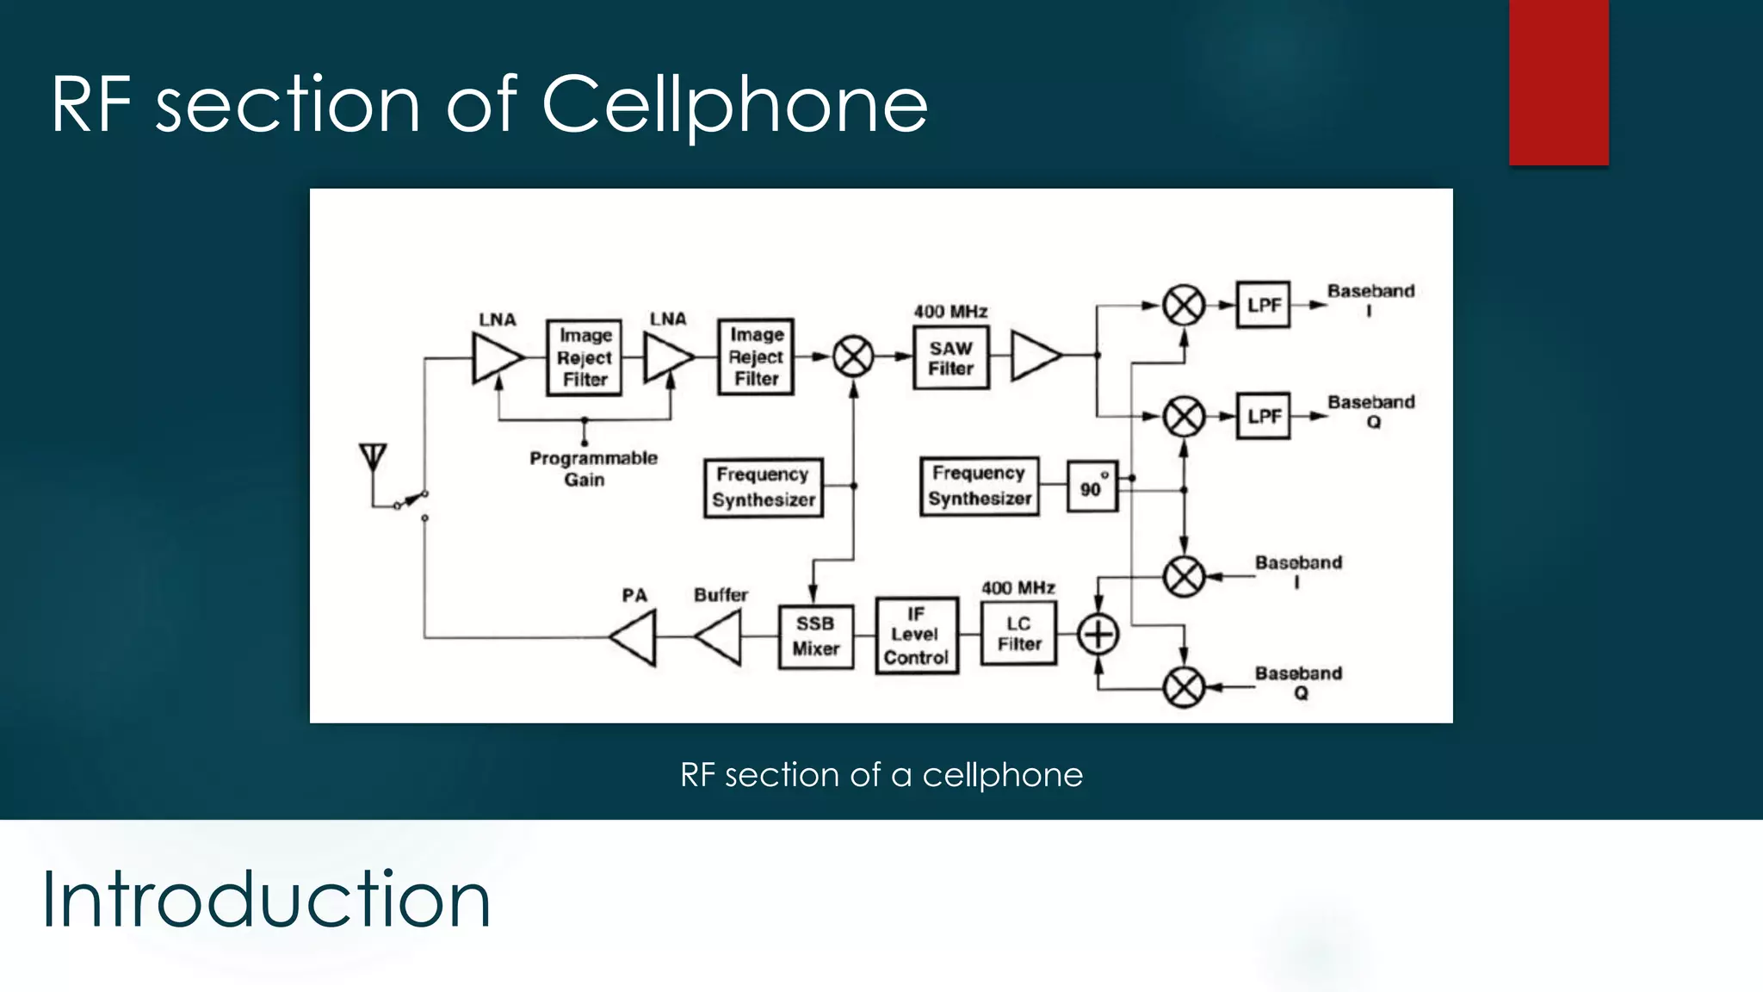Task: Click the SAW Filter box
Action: tap(950, 357)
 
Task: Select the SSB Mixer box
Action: tap(815, 636)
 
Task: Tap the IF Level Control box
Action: tap(916, 635)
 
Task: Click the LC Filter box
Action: tap(1018, 634)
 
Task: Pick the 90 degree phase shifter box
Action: tap(1092, 487)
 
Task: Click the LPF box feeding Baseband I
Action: tap(1263, 304)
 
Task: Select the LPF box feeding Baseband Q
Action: tap(1263, 416)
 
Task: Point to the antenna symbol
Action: tap(373, 456)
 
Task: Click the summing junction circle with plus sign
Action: tap(1098, 635)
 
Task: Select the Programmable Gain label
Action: tap(592, 468)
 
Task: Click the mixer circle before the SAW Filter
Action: tap(853, 356)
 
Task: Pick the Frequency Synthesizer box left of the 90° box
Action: tap(979, 487)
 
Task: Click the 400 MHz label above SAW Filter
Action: tap(950, 312)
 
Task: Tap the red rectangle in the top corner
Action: tap(1558, 82)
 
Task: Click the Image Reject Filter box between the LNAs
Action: tap(585, 357)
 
